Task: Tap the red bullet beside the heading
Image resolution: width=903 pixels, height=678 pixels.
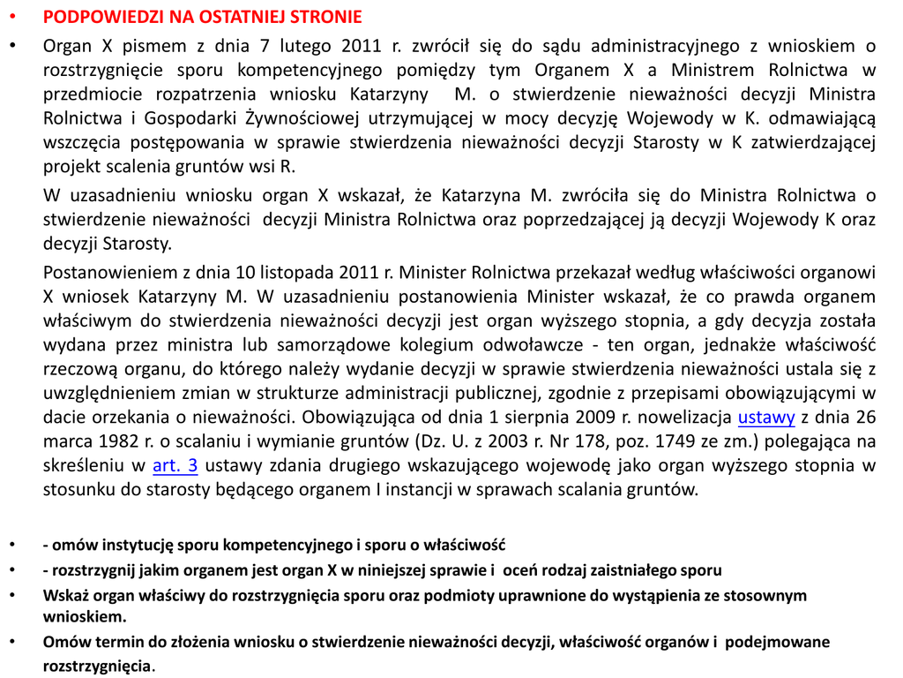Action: (x=11, y=18)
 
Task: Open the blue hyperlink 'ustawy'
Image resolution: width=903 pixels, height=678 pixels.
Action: (x=765, y=417)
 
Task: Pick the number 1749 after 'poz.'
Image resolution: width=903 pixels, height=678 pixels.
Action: (x=658, y=441)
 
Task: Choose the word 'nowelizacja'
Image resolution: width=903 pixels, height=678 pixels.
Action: (x=686, y=417)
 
